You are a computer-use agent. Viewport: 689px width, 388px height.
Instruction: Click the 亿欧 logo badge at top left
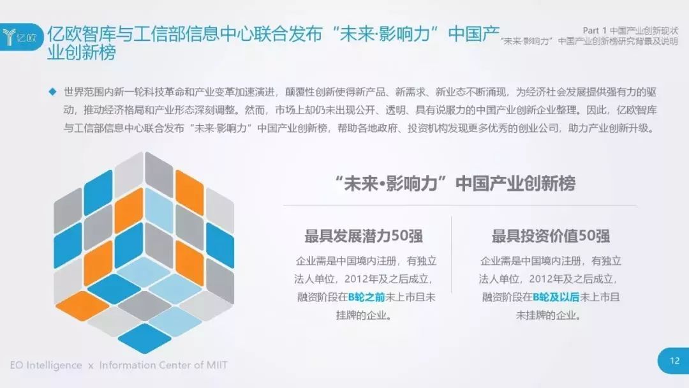[21, 37]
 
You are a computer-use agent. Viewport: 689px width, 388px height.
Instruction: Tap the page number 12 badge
[674, 361]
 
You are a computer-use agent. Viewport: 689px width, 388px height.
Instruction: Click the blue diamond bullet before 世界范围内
[53, 92]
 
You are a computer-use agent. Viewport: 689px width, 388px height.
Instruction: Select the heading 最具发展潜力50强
[364, 236]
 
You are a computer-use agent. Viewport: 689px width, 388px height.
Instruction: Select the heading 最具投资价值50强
[550, 236]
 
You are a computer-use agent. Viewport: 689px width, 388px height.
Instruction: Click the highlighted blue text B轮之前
[366, 297]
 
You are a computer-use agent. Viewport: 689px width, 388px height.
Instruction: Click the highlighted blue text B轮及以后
[556, 297]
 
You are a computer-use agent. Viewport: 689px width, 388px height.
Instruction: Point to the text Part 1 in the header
[595, 31]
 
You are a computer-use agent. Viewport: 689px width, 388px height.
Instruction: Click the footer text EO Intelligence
[46, 365]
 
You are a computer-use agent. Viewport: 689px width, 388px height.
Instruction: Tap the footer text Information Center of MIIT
[163, 365]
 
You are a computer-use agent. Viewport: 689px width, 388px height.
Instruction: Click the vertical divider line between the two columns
[451, 254]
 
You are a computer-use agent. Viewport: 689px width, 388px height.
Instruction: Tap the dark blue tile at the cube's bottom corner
[144, 338]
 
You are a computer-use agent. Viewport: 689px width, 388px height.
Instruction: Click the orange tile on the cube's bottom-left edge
[82, 306]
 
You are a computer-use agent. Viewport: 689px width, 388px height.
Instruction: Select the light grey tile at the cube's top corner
[129, 174]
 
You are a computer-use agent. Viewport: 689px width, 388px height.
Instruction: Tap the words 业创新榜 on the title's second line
[82, 53]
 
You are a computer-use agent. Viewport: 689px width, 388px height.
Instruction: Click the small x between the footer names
[91, 366]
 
